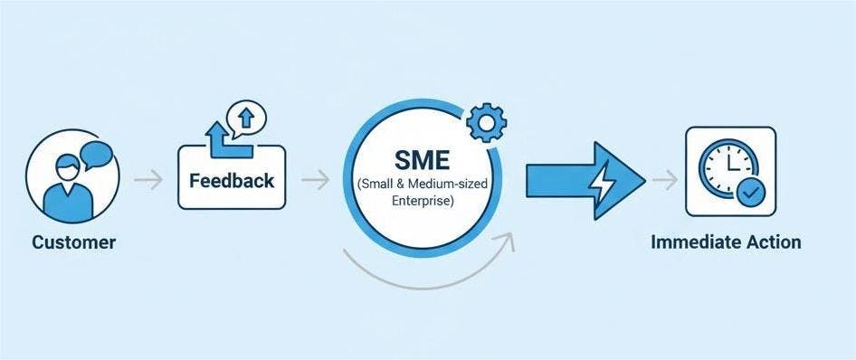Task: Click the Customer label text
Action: coord(74,243)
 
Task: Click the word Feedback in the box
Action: coord(232,180)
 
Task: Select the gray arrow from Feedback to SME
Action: coord(315,179)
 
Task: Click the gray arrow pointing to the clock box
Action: coord(664,180)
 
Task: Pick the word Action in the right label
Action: coord(772,242)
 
